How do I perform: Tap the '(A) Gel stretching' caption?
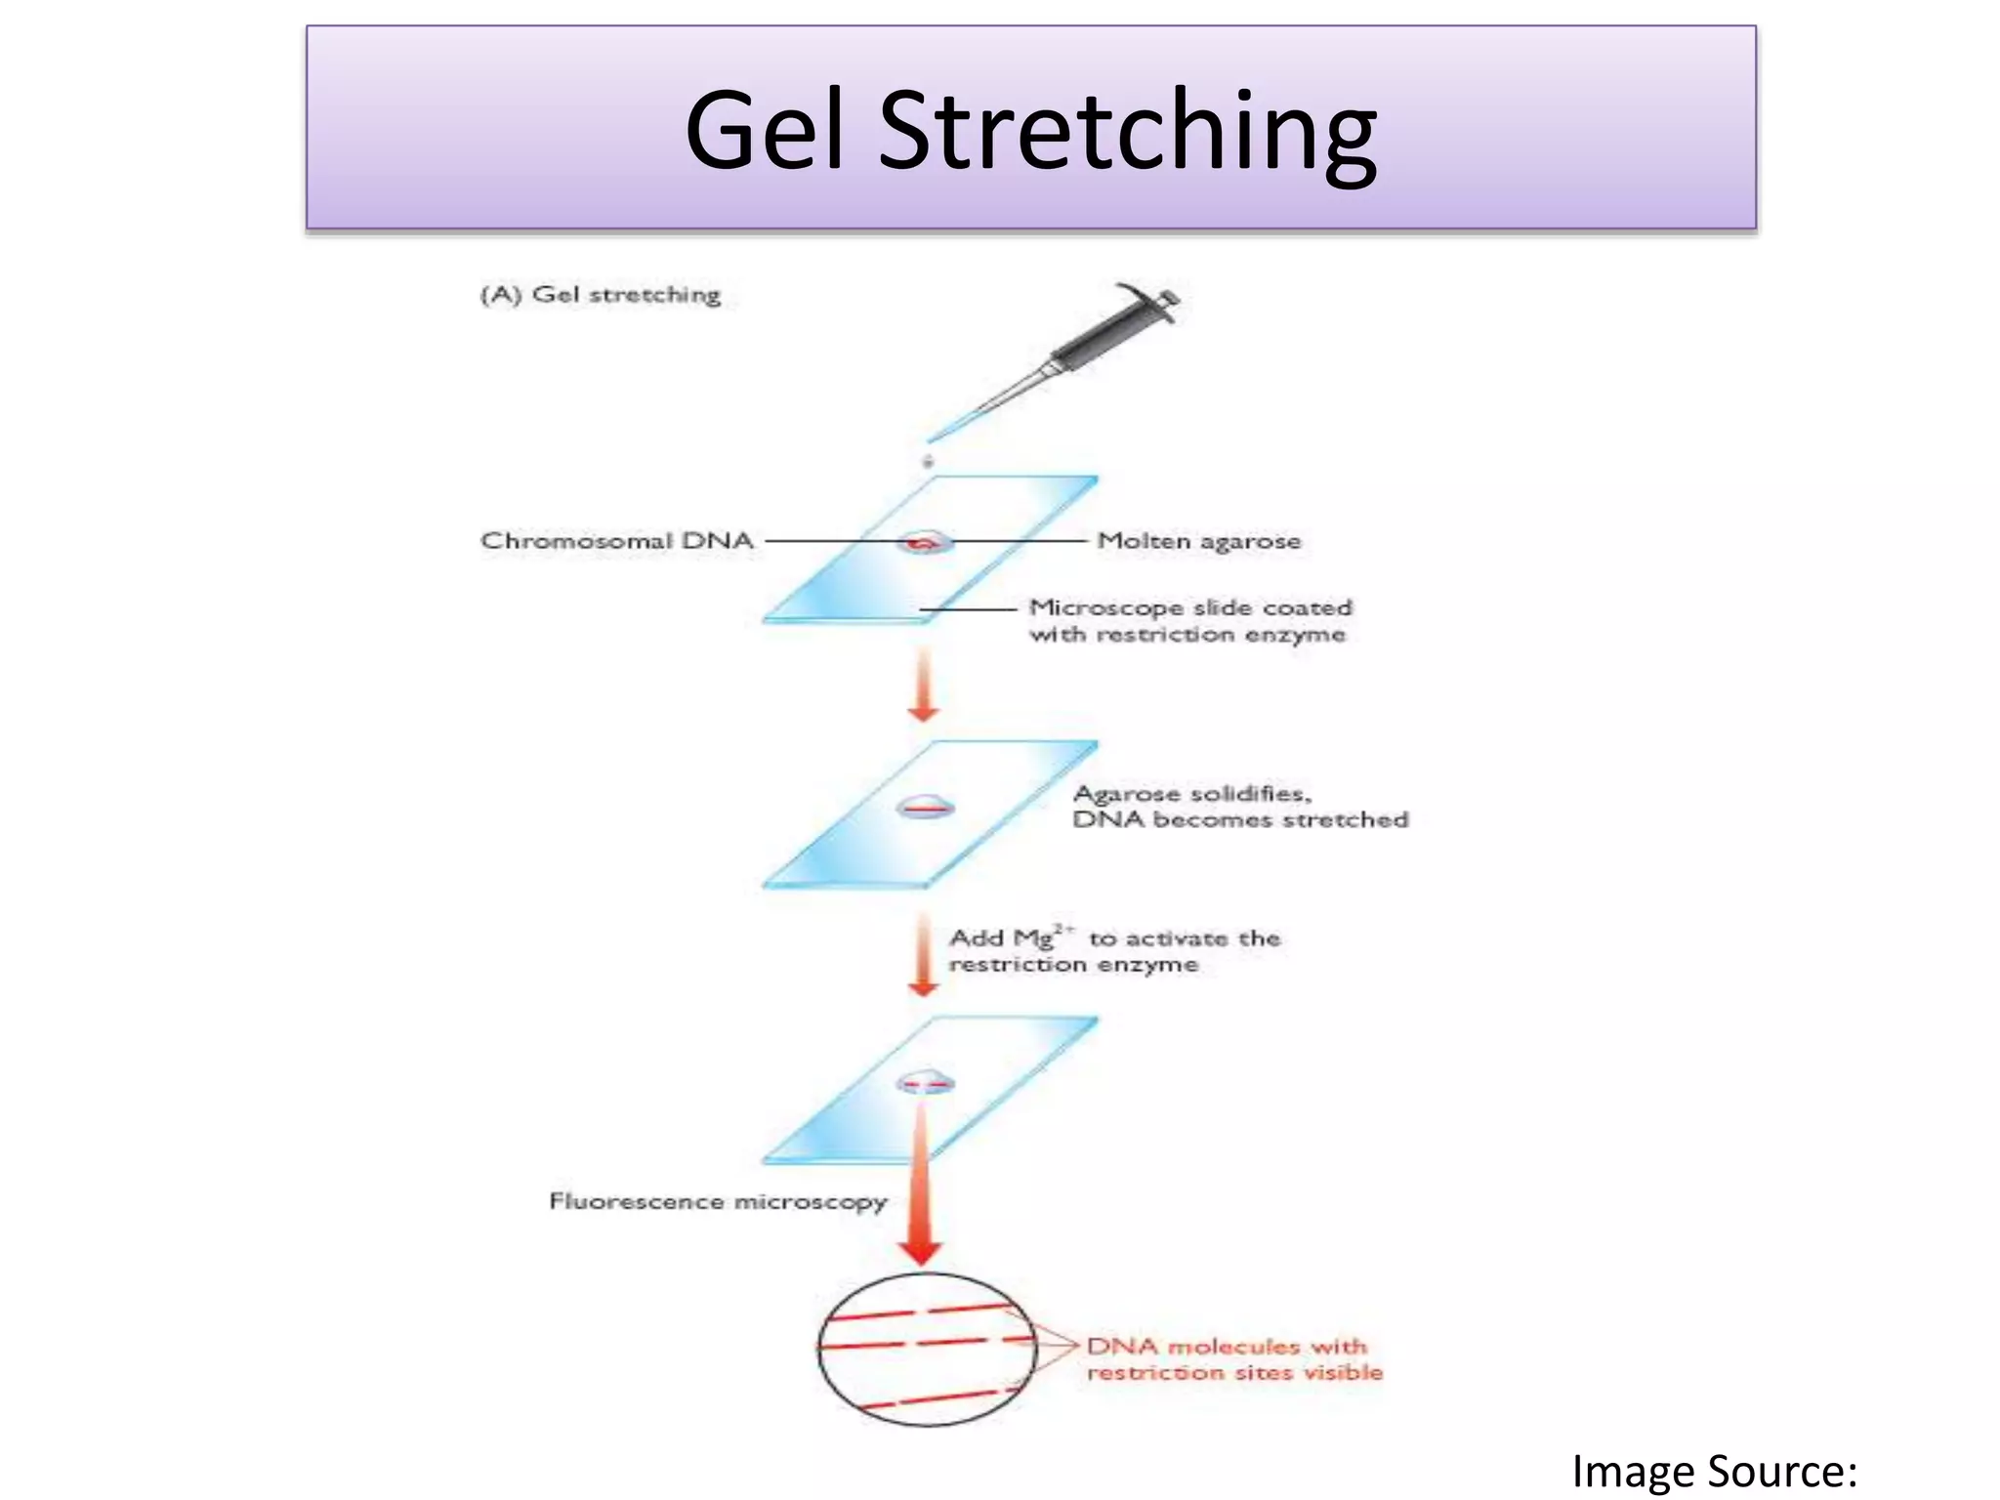coord(601,294)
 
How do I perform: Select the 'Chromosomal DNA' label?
coord(617,540)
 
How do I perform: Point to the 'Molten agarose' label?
coord(1198,540)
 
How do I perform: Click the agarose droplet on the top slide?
coord(924,542)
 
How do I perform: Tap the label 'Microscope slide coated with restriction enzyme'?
coord(1189,620)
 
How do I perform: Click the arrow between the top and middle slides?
coord(923,688)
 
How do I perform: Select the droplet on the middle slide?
coord(925,807)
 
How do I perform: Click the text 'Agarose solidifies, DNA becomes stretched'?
coord(1240,807)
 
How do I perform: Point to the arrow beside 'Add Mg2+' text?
coord(923,954)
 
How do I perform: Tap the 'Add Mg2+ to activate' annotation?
coord(1113,951)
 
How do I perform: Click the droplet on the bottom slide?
coord(925,1081)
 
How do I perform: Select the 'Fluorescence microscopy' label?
coord(718,1200)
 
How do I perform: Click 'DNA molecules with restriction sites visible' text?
coord(1234,1358)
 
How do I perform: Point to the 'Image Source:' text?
coord(1714,1471)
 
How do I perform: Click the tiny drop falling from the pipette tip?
coord(928,460)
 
